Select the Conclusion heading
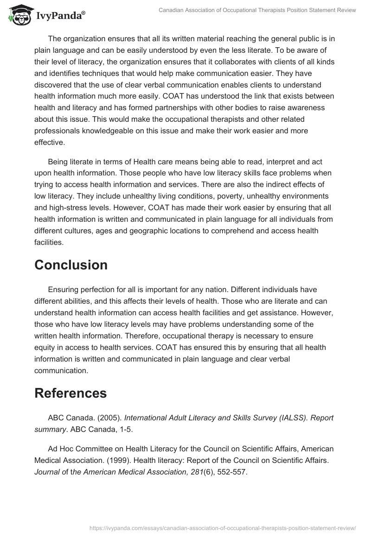[71, 265]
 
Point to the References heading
[70, 393]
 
